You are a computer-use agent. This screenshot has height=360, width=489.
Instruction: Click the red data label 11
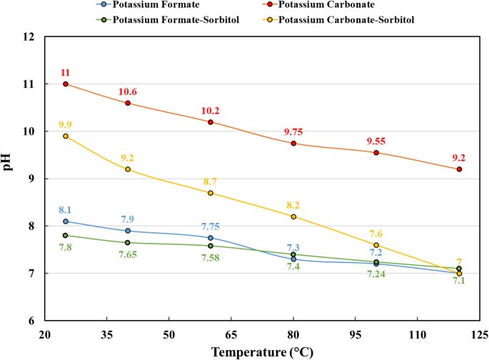(x=66, y=73)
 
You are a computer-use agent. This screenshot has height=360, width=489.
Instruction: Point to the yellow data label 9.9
(x=66, y=124)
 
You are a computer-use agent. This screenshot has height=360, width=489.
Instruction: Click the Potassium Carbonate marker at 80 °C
(x=293, y=144)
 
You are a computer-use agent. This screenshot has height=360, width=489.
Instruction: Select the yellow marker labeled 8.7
(x=211, y=193)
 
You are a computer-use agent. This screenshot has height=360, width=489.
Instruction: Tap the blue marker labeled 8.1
(x=66, y=221)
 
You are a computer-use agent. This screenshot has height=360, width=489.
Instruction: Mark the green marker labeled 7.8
(x=66, y=236)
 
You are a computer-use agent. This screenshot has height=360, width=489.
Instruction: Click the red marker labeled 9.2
(x=459, y=169)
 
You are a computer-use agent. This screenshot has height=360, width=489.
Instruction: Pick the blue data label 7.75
(x=211, y=226)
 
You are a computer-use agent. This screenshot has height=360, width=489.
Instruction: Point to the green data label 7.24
(x=376, y=274)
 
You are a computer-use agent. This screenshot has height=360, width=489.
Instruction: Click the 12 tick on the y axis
(x=30, y=36)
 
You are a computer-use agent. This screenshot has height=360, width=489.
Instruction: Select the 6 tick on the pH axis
(x=33, y=321)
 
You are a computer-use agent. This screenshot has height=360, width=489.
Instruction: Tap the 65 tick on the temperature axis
(x=231, y=334)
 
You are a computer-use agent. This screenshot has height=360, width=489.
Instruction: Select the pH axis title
(x=9, y=179)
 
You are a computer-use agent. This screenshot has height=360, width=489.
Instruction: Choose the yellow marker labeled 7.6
(x=376, y=245)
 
